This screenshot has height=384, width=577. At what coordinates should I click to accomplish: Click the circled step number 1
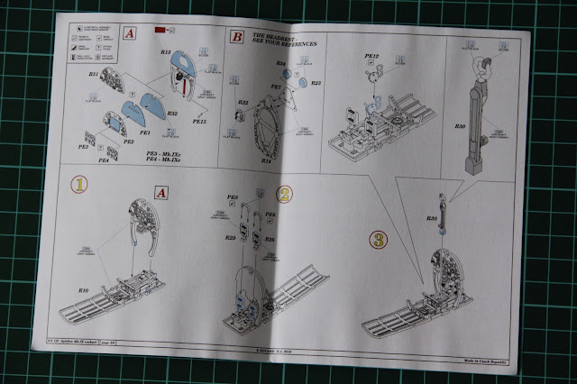tap(80, 184)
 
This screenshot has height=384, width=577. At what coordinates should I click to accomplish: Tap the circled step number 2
tap(285, 193)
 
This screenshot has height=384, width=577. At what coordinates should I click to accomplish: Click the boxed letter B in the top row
tap(237, 39)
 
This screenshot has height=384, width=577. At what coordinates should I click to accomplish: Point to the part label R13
tap(167, 52)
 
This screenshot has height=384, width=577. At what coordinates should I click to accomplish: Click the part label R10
tap(82, 290)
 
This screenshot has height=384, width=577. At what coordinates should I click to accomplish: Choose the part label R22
tap(243, 103)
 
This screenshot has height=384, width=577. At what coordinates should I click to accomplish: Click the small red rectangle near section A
tap(159, 32)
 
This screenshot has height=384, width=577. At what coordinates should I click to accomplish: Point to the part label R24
tap(281, 63)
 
